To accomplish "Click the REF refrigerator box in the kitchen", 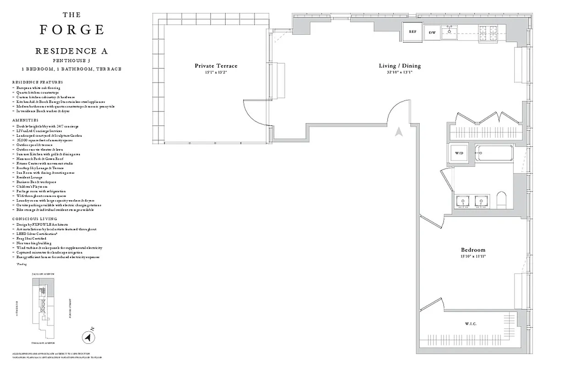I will coord(412,32).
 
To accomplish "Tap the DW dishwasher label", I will coord(432,33).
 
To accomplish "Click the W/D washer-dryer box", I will coord(459,153).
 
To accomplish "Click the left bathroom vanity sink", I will coord(461,201).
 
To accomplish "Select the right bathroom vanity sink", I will coord(481,201).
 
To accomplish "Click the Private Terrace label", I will coord(216,66).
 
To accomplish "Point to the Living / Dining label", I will coord(400,66).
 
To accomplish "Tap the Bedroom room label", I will coord(473,250).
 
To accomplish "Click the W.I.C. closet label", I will coord(471,324).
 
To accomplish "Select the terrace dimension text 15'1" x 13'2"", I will coord(216,72).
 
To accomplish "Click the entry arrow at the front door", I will coord(399,132).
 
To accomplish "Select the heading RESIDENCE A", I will coord(71,51).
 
